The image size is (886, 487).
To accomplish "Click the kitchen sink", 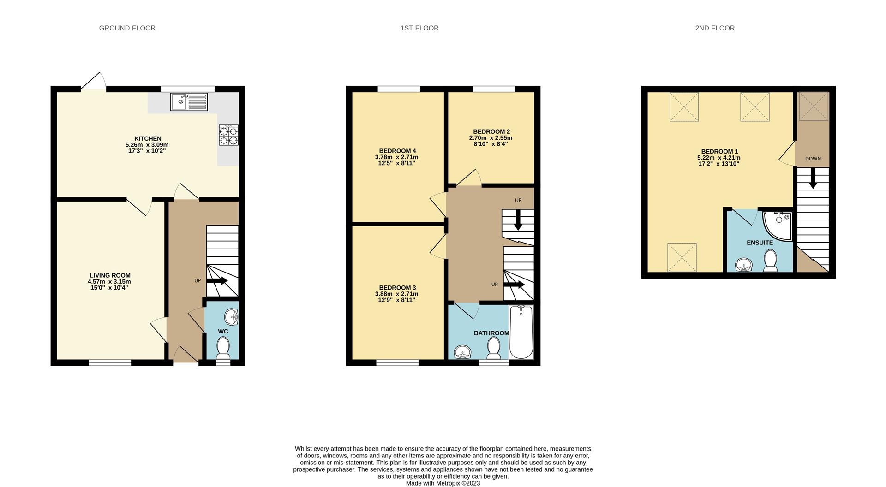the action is pyautogui.click(x=189, y=101).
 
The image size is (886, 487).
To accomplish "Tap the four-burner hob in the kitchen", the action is pyautogui.click(x=229, y=135).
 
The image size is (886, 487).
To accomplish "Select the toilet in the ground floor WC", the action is pyautogui.click(x=223, y=348).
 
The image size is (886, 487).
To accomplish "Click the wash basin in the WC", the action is pyautogui.click(x=232, y=316).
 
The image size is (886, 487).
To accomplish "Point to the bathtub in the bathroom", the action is pyautogui.click(x=521, y=332).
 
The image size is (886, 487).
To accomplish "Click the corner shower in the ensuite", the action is pyautogui.click(x=778, y=226).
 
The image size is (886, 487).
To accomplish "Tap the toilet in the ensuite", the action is pyautogui.click(x=770, y=261).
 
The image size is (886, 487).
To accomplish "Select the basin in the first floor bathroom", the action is pyautogui.click(x=462, y=353).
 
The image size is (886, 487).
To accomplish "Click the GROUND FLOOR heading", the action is pyautogui.click(x=127, y=28).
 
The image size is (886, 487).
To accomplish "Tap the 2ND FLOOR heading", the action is pyautogui.click(x=715, y=28).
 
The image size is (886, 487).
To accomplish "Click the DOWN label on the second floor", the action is pyautogui.click(x=813, y=159).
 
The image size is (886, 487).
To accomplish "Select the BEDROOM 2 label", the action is pyautogui.click(x=491, y=131).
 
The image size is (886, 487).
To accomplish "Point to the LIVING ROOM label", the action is pyautogui.click(x=110, y=275).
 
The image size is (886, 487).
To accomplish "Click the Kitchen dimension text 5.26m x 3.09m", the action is pyautogui.click(x=147, y=145).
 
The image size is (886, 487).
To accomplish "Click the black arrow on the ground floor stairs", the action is pyautogui.click(x=217, y=281).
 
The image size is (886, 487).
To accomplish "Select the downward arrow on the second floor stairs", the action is pyautogui.click(x=813, y=178).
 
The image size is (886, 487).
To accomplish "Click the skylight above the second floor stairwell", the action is pyautogui.click(x=814, y=107).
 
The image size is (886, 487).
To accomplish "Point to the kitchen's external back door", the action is pyautogui.click(x=94, y=81).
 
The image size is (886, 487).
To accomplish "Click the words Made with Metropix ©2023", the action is pyautogui.click(x=443, y=483).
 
